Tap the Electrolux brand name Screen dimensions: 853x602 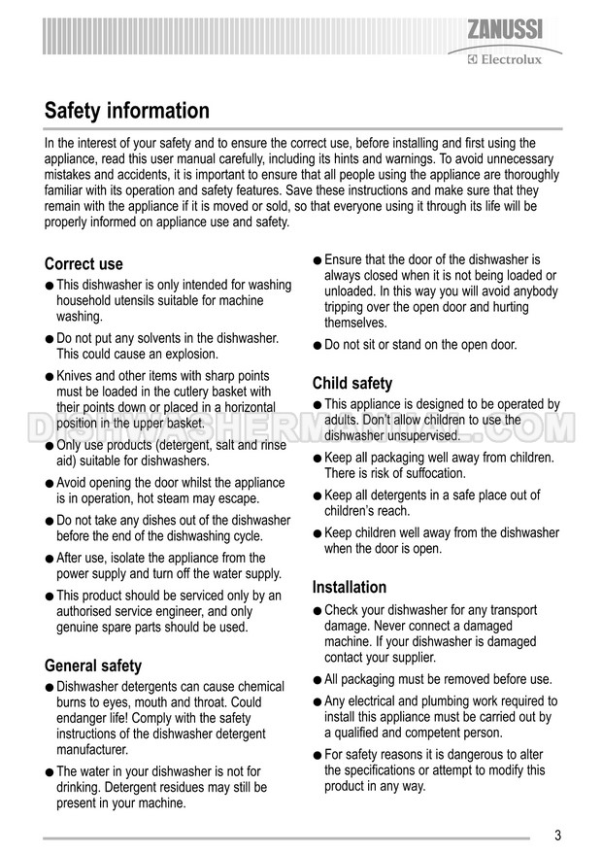[x=507, y=59]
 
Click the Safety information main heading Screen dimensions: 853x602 [x=126, y=111]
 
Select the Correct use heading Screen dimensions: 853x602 [x=84, y=264]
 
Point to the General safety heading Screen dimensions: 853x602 [x=93, y=665]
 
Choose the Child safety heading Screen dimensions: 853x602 [x=352, y=383]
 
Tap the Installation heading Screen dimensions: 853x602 [x=350, y=587]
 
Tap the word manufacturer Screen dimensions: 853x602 [x=93, y=750]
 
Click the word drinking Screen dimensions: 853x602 [x=79, y=787]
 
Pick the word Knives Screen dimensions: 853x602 [x=76, y=375]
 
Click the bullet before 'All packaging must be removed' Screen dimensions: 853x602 [x=317, y=680]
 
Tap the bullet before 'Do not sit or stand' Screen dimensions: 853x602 [x=317, y=345]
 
